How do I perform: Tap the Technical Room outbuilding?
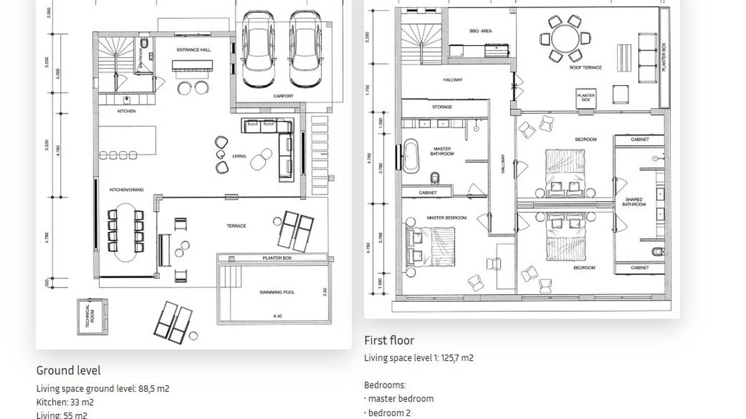tap(92, 316)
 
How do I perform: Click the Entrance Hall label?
tap(193, 50)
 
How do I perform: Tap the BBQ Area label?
tap(480, 31)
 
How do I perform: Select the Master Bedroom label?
tap(446, 218)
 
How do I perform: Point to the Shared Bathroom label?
tap(634, 202)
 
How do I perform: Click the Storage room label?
tap(442, 107)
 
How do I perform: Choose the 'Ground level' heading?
tap(68, 371)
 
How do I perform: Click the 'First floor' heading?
tap(389, 340)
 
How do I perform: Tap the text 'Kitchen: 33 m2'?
tap(65, 402)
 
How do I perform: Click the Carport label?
tap(283, 96)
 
